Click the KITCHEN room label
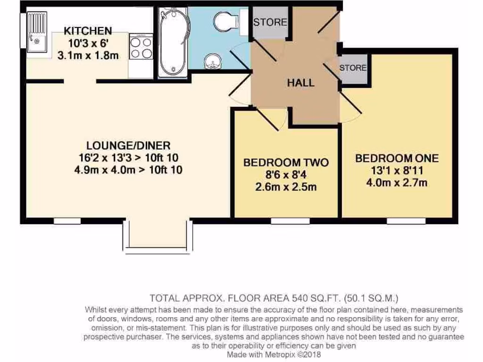88,31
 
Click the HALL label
301,83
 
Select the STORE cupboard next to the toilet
270,22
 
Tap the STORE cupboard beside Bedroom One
353,68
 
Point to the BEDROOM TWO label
286,163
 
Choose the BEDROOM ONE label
397,158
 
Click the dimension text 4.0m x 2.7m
397,182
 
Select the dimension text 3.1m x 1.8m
88,56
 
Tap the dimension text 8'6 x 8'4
286,175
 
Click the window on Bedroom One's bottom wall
407,221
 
